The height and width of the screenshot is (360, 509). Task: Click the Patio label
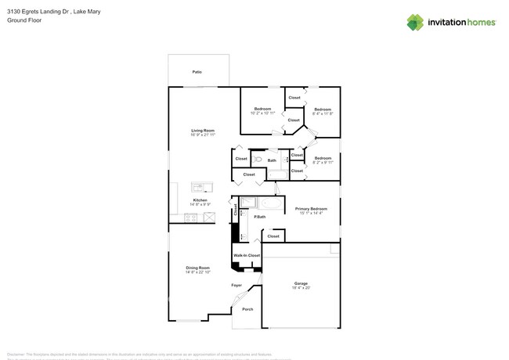(197, 72)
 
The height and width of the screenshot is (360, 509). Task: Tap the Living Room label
(203, 131)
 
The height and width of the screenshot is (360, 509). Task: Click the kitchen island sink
(200, 187)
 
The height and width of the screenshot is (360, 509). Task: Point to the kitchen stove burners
(191, 218)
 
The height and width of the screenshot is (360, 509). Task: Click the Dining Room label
(198, 268)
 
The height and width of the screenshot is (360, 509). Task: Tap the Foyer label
(236, 285)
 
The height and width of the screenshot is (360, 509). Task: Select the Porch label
(247, 309)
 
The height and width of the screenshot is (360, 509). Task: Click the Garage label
(301, 283)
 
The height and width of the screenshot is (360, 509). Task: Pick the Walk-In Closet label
(247, 255)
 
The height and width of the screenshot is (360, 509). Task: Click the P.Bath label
(259, 217)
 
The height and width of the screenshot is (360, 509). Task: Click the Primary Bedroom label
(311, 209)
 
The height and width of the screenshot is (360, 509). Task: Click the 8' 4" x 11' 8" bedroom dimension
(323, 113)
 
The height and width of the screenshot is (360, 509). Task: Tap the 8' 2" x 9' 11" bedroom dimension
(323, 163)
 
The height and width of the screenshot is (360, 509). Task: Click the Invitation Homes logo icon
(415, 22)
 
